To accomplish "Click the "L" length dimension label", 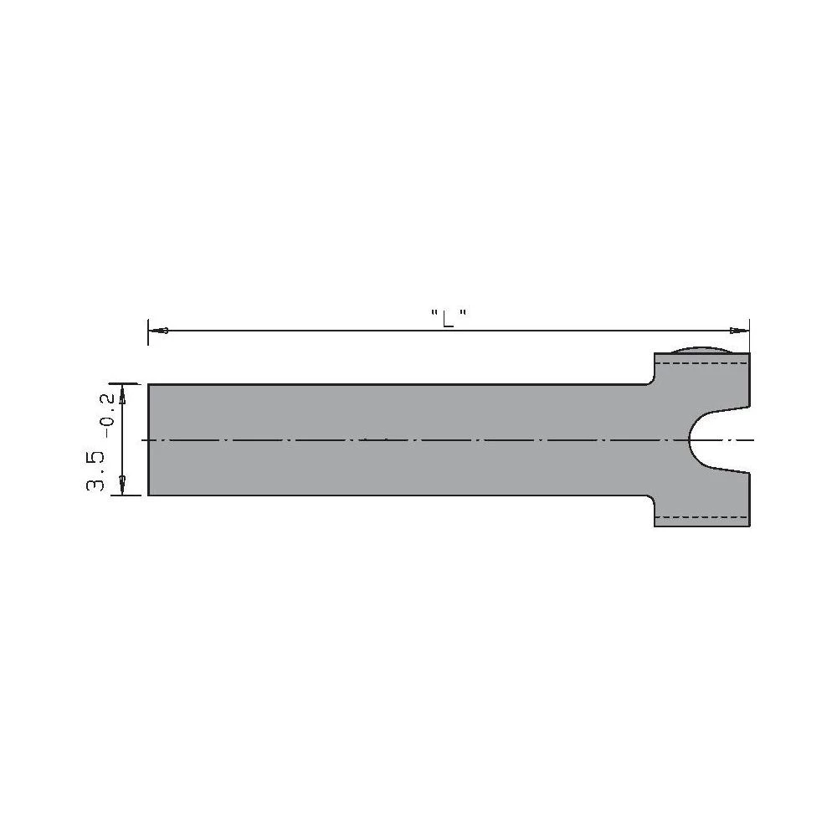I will pos(448,318).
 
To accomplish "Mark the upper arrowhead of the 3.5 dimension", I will pos(123,393).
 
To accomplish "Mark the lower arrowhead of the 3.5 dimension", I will pos(123,485).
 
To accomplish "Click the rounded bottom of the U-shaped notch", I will pos(690,439).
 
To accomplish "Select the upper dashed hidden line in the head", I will pos(701,362).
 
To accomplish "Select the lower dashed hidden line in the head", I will pos(701,516).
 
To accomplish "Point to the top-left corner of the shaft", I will pos(149,383).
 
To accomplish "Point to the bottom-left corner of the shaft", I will pos(149,496).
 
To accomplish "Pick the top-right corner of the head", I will pos(749,353).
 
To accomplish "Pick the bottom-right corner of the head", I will pos(749,526).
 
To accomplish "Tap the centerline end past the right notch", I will pos(752,439).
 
